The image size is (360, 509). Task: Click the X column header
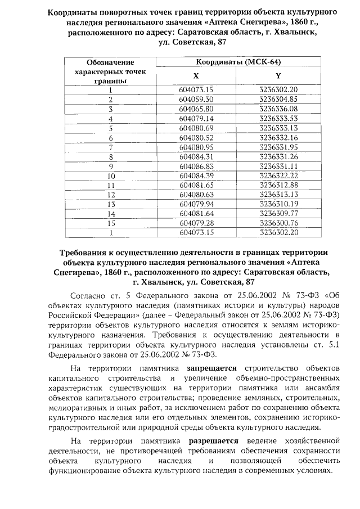pos(196,75)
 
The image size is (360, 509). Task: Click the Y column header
pos(278,75)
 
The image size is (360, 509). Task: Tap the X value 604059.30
pos(196,99)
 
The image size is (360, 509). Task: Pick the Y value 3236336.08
pos(278,109)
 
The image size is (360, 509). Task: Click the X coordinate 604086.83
pos(196,166)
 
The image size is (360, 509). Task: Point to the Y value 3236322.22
pos(278,176)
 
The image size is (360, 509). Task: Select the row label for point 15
pos(111,224)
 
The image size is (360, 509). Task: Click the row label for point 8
pos(111,157)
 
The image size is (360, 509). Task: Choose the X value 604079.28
pos(196,224)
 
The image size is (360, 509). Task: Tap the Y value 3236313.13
pos(278,195)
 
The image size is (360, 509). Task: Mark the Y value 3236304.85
pos(278,99)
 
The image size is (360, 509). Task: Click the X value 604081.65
pos(196,186)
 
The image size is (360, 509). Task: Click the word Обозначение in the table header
pos(111,62)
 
